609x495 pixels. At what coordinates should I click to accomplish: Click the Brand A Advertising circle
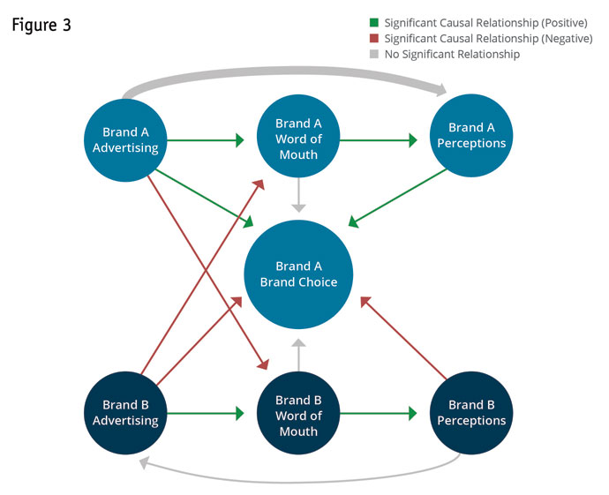click(125, 140)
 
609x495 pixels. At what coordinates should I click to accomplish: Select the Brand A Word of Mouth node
click(298, 139)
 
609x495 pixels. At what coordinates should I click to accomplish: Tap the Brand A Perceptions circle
click(471, 136)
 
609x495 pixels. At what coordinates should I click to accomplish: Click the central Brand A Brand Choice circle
click(298, 274)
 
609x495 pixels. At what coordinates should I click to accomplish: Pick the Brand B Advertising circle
click(125, 413)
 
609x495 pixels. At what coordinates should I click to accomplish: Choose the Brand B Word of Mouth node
click(298, 415)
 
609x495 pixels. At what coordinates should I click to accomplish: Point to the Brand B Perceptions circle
click(471, 413)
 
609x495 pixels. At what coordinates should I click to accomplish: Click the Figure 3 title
click(41, 25)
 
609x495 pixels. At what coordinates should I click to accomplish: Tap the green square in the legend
click(373, 22)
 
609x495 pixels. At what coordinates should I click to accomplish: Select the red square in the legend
click(373, 39)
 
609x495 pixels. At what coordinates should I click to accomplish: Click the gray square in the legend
click(373, 55)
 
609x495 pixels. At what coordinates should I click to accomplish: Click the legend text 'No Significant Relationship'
click(452, 55)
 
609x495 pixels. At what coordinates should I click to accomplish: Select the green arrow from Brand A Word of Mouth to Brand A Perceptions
click(379, 139)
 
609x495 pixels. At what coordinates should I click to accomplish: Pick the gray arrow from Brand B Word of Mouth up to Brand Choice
click(298, 355)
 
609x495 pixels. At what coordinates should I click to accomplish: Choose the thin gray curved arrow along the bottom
click(300, 481)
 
